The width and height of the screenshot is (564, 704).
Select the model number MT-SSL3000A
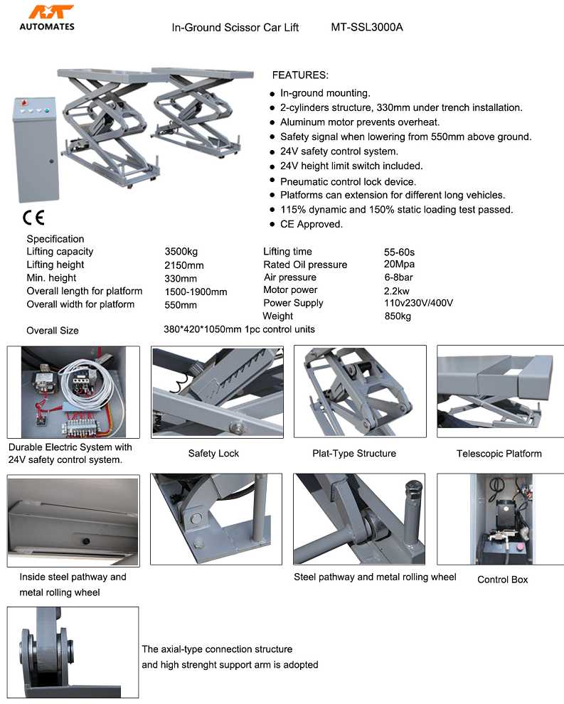point(366,28)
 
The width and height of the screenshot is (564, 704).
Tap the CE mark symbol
point(33,217)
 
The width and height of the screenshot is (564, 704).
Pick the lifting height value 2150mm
point(184,265)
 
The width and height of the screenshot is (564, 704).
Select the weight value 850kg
point(398,316)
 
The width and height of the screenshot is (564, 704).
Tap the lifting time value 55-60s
point(399,252)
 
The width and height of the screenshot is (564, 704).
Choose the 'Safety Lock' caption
point(213,454)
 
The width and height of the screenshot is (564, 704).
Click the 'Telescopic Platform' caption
point(499,454)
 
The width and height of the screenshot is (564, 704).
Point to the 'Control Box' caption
point(502,580)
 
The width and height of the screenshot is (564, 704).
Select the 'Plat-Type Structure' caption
point(354,454)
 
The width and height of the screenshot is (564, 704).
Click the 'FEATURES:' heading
point(300,75)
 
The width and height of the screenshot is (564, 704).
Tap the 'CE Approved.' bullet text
point(311,224)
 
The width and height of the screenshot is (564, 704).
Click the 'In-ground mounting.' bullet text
point(325,93)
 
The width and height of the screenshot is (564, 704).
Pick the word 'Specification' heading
point(55,239)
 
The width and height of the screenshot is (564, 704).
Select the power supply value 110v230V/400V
point(418,303)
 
